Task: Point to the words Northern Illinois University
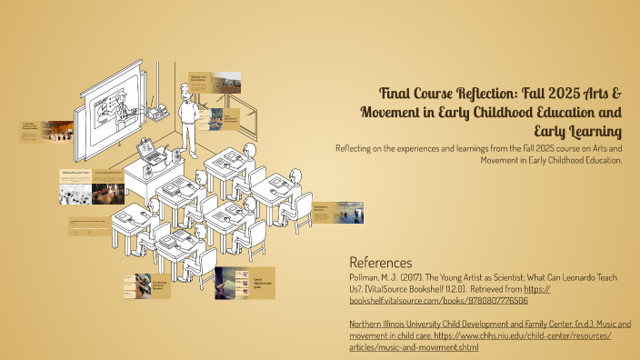400,324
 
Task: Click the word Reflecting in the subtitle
357,148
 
